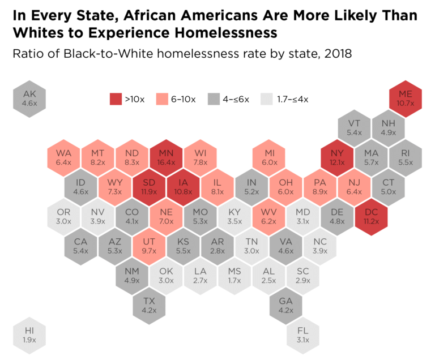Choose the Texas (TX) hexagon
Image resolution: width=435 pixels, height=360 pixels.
click(x=149, y=306)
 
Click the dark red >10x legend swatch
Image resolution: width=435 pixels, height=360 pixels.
click(x=115, y=99)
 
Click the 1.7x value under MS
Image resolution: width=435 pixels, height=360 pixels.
click(x=234, y=281)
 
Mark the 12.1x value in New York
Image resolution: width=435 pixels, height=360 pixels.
click(x=337, y=162)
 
